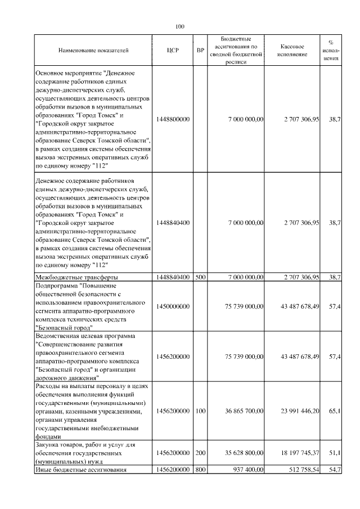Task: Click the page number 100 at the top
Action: (180, 26)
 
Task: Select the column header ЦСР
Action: (173, 50)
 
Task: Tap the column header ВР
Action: (200, 50)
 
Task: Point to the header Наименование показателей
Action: (93, 50)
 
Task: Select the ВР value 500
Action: (200, 277)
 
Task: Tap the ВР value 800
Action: (200, 469)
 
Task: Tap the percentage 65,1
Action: (335, 411)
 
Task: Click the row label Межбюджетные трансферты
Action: (76, 277)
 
